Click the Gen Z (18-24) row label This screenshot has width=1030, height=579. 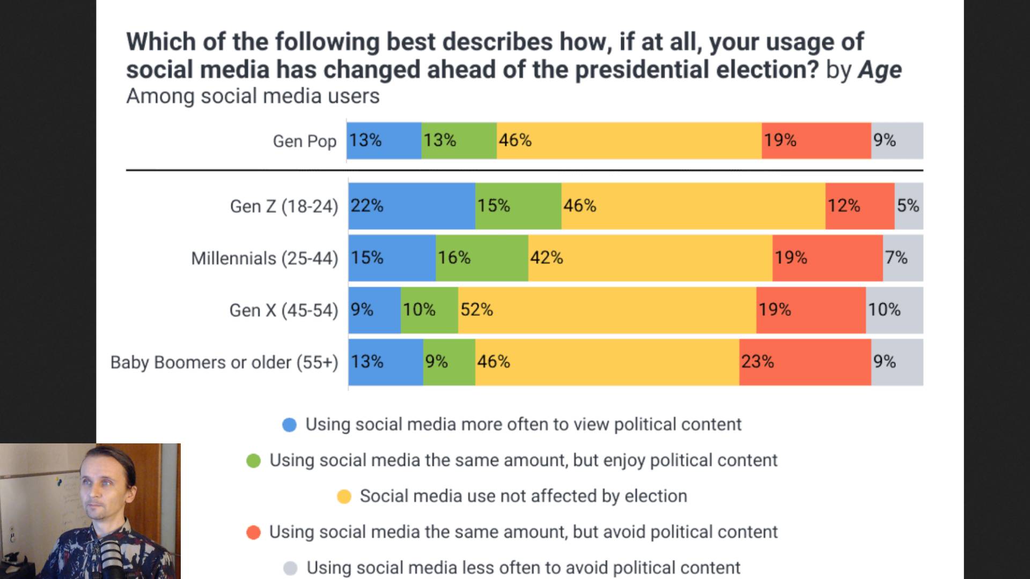(284, 206)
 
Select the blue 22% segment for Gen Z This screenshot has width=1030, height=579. (411, 206)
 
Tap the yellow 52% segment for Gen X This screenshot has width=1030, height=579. (607, 310)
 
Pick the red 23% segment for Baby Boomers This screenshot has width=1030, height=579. (805, 362)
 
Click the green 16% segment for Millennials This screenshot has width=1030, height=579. (482, 258)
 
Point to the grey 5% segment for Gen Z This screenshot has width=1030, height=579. (909, 206)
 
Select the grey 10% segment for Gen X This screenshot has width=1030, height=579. (894, 310)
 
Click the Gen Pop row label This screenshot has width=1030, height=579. (304, 141)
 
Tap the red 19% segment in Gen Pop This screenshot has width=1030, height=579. (816, 140)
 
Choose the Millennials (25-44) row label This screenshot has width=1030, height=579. (264, 258)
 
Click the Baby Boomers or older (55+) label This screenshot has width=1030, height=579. (224, 362)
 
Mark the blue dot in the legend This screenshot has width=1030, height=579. (290, 425)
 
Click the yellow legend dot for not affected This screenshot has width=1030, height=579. (344, 496)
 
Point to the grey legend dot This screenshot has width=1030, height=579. (290, 568)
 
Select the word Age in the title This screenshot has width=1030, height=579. (880, 70)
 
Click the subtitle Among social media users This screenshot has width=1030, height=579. (253, 96)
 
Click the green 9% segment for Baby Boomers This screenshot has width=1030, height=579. (449, 362)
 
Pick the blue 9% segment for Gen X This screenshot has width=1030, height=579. (374, 310)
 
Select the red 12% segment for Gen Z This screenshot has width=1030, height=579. (859, 206)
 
